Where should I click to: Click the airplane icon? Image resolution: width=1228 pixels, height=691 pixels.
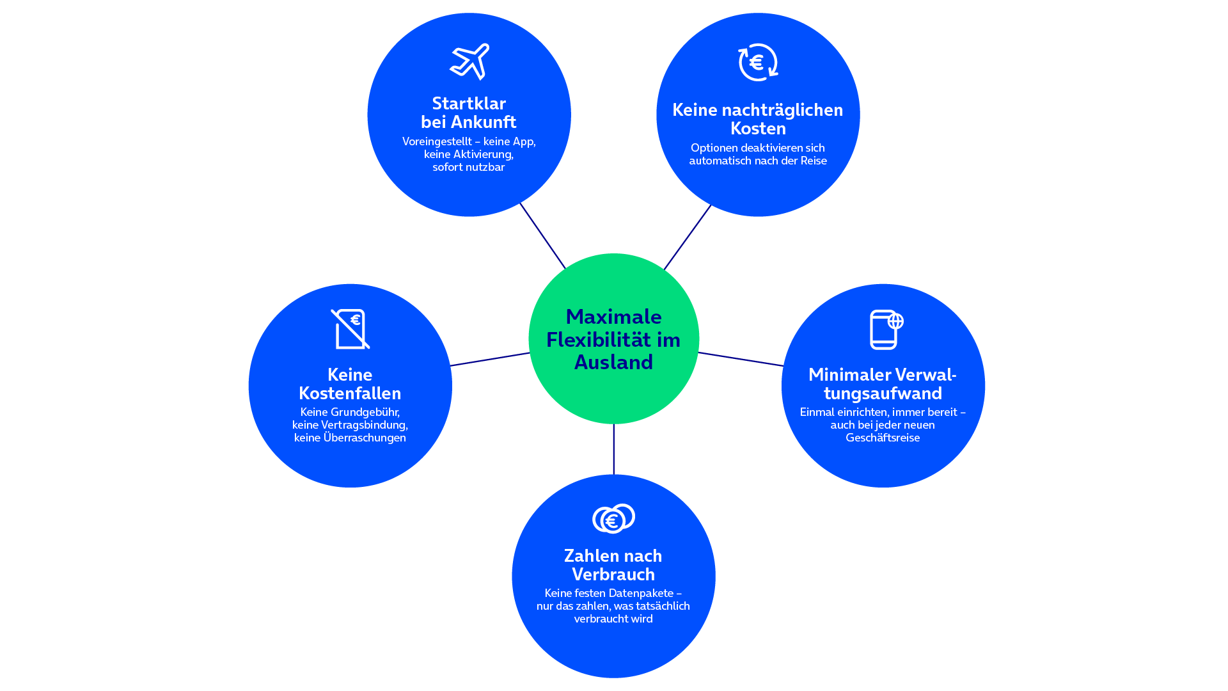click(469, 61)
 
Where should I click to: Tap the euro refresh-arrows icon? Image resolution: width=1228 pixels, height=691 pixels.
click(758, 62)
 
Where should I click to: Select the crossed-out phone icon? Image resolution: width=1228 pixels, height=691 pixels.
click(350, 329)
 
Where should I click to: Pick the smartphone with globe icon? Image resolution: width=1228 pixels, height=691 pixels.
click(886, 330)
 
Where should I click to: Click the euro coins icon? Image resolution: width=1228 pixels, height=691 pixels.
click(613, 519)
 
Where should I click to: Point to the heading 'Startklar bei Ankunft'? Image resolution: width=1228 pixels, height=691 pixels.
click(469, 113)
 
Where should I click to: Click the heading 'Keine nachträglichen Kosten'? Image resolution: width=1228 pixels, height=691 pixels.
click(758, 119)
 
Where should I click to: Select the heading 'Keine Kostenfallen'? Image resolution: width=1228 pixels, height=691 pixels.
click(350, 384)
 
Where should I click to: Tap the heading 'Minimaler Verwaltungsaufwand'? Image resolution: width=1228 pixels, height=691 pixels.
click(883, 384)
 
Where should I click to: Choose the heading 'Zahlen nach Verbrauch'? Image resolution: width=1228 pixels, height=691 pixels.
click(613, 565)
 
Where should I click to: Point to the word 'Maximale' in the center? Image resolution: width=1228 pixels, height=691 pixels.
click(614, 317)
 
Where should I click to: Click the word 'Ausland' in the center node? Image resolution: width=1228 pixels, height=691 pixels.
click(614, 363)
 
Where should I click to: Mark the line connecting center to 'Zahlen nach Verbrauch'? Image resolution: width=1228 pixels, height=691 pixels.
click(613, 449)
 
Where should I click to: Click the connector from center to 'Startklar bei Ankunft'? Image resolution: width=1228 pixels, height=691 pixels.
click(543, 235)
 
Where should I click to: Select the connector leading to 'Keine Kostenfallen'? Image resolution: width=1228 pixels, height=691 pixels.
click(491, 359)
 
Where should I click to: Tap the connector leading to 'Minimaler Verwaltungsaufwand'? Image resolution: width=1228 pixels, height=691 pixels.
click(741, 359)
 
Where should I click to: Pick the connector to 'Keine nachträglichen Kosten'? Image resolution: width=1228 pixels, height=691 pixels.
click(688, 237)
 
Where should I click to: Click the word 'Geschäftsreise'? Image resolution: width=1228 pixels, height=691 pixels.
click(883, 438)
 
